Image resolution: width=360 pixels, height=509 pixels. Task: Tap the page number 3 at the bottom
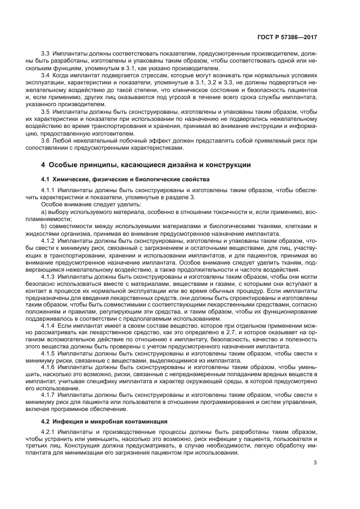pos(315,463)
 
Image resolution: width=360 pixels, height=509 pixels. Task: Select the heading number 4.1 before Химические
pos(46,179)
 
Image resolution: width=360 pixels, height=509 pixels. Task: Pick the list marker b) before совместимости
pos(44,226)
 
